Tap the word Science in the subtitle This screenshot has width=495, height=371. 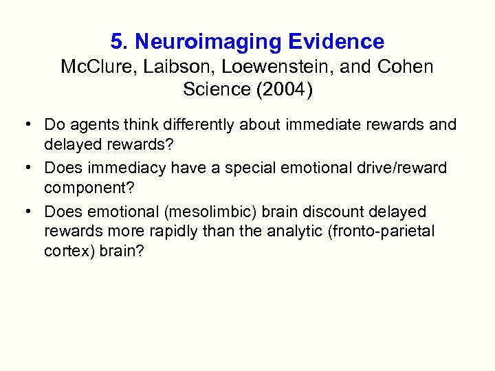pos(215,89)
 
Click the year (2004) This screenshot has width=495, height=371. pos(282,89)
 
